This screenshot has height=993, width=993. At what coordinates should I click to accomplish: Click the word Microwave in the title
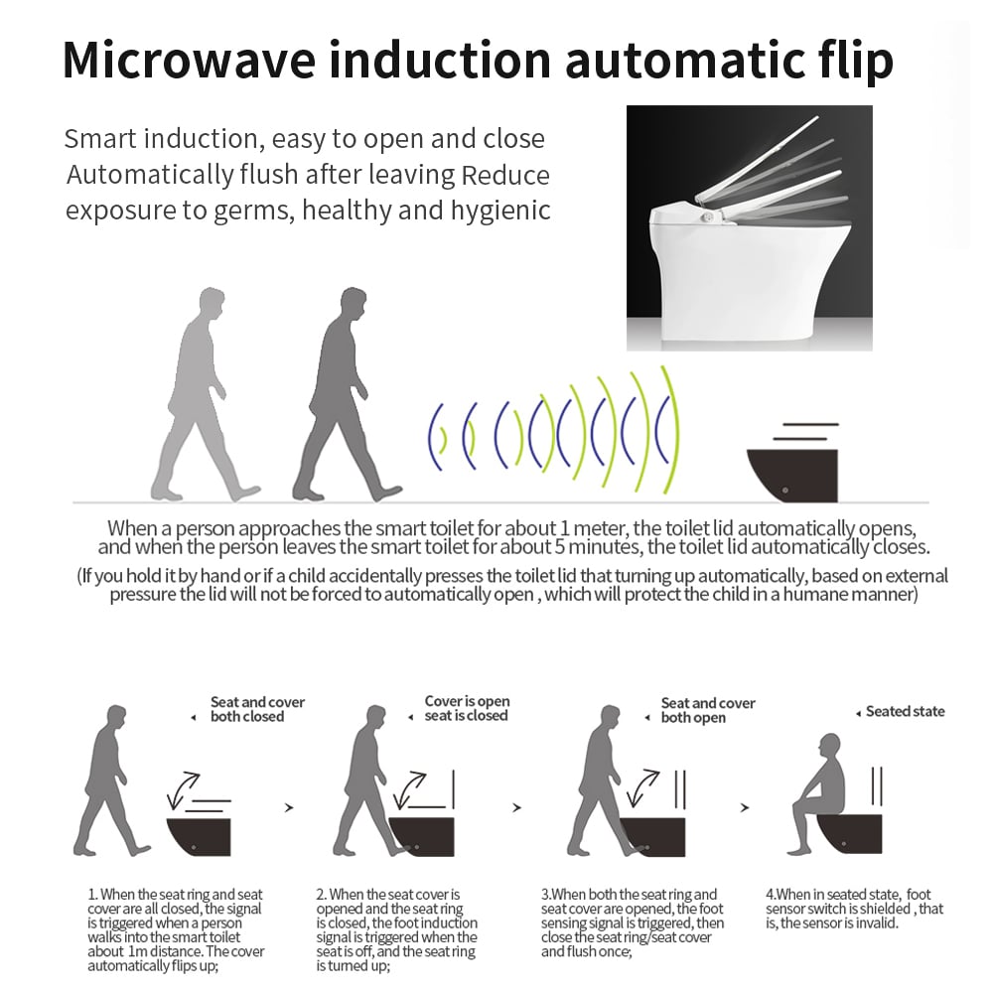(189, 61)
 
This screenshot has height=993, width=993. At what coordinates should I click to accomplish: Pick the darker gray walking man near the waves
(346, 394)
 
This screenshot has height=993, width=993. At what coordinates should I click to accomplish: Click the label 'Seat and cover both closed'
(257, 709)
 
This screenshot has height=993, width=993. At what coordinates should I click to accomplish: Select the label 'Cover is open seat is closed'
(467, 708)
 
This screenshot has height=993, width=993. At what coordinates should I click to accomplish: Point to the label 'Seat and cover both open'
(708, 711)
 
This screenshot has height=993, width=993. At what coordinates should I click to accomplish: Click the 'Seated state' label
(905, 711)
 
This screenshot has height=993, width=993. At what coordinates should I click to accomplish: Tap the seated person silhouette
(817, 793)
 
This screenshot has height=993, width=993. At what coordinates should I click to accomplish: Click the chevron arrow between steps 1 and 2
(289, 807)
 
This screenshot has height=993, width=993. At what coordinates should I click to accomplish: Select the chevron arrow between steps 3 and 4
(746, 807)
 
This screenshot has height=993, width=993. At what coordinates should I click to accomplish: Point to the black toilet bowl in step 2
(421, 836)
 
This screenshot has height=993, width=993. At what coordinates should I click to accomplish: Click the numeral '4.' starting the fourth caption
(771, 895)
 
